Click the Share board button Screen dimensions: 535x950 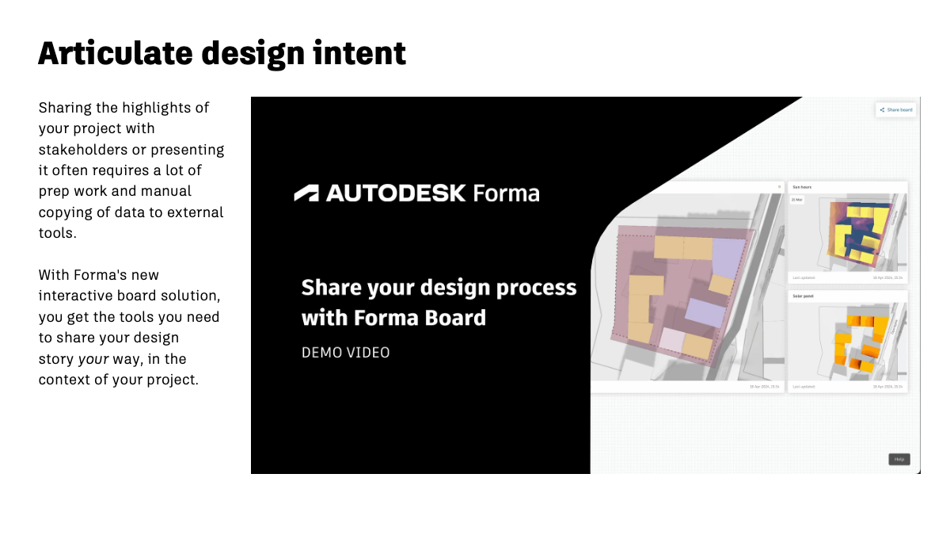click(x=896, y=109)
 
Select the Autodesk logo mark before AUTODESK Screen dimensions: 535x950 click(x=306, y=193)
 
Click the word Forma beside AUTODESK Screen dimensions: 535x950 click(x=506, y=193)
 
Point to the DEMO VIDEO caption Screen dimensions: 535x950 click(x=345, y=352)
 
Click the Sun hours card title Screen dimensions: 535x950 click(x=802, y=187)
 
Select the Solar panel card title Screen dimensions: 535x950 click(x=804, y=296)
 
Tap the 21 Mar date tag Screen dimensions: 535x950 click(x=797, y=200)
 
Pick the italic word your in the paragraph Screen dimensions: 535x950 click(x=92, y=358)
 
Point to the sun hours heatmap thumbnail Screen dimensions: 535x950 click(x=859, y=231)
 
